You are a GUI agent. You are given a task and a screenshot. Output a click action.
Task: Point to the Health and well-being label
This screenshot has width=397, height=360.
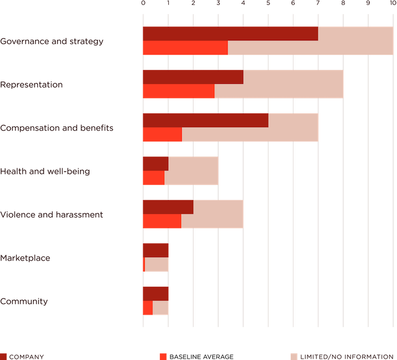[x=45, y=172]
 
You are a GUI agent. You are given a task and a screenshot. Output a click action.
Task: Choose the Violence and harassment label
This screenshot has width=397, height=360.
[x=51, y=215]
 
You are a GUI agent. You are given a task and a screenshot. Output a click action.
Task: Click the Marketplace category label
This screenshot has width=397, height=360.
[x=34, y=258]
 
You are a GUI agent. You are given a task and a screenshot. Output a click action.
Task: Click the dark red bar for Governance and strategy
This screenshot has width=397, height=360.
[x=230, y=34]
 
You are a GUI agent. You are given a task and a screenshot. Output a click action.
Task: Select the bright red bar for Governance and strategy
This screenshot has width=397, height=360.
[x=185, y=49]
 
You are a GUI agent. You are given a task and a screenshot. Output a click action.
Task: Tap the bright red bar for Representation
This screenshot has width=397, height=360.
[x=178, y=91]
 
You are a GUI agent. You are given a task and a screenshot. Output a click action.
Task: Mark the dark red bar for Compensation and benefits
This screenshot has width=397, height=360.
[x=205, y=120]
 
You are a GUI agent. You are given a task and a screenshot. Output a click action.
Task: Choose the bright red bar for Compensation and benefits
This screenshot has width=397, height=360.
[x=162, y=135]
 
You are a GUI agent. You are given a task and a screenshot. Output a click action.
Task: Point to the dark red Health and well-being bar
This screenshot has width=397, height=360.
[x=155, y=163]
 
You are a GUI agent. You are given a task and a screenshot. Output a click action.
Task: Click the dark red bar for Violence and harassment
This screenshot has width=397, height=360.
[x=167, y=207]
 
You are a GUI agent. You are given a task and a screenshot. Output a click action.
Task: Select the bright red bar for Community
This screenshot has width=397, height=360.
[x=147, y=308]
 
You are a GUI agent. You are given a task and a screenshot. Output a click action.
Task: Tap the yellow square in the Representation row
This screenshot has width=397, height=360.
[x=355, y=84]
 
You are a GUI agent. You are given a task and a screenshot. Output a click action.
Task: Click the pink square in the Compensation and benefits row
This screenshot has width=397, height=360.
[x=330, y=127]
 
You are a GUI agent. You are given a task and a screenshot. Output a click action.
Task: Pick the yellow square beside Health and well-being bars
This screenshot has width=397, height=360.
[x=230, y=170]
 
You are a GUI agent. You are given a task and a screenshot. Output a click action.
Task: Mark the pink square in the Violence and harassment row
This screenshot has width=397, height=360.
[x=256, y=214]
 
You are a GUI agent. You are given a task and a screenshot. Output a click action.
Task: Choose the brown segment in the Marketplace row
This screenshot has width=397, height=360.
[x=180, y=250]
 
